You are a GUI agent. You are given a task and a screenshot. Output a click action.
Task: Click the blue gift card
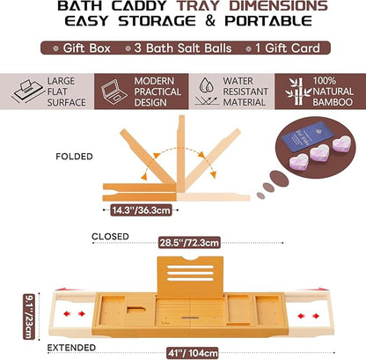303,131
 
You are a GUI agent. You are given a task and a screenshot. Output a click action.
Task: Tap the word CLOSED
111,238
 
